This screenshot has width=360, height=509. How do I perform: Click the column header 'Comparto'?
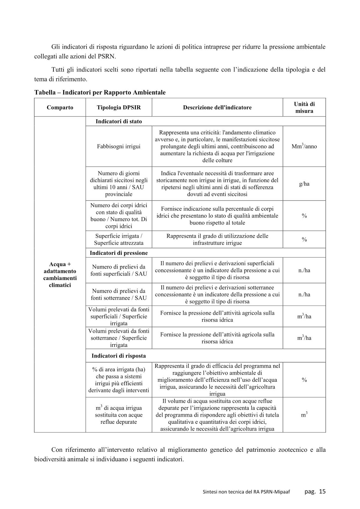(60, 108)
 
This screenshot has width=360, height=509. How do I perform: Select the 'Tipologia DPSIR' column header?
(119, 108)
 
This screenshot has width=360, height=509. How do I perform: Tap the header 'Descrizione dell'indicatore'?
(217, 108)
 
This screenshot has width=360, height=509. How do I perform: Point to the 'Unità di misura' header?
(304, 108)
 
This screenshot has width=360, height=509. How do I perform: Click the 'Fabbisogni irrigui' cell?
(119, 146)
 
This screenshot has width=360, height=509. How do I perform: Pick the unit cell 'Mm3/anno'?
(304, 146)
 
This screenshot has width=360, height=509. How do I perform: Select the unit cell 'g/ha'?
(304, 184)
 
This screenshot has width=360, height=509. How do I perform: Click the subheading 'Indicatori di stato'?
(119, 122)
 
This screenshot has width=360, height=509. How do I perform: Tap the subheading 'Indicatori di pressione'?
(119, 253)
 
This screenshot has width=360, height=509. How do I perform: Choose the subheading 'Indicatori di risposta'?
(119, 356)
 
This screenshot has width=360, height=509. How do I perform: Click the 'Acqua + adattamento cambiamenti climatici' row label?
(60, 275)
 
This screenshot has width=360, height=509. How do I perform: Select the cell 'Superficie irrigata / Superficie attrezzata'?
(119, 240)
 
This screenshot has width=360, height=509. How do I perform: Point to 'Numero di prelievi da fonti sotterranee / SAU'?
(119, 295)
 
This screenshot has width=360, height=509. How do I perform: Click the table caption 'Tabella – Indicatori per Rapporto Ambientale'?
(100, 93)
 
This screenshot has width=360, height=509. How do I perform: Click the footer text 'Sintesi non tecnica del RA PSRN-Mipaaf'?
(246, 492)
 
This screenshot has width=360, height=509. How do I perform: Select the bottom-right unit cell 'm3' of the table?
(304, 415)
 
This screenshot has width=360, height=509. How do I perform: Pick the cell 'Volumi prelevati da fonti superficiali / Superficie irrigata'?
(119, 316)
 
